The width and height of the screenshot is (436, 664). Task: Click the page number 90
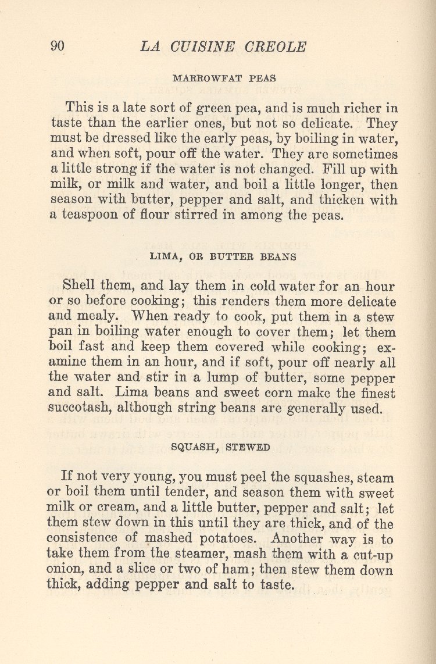(57, 47)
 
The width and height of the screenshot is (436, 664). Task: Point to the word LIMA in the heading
(163, 256)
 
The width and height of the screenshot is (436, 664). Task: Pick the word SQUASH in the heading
(190, 447)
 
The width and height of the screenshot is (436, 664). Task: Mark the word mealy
(103, 317)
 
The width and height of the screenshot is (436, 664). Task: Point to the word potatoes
(225, 539)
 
